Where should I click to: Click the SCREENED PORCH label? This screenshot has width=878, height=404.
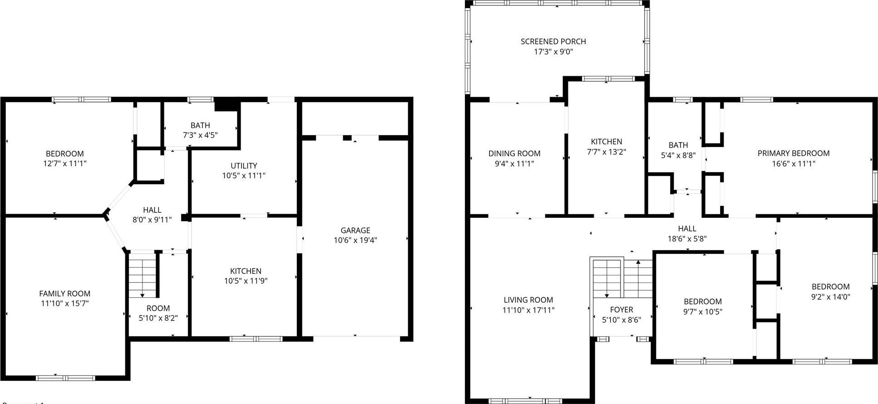553,41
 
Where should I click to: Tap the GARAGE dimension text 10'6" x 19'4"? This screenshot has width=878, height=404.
355,240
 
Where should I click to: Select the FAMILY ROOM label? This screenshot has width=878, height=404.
64,294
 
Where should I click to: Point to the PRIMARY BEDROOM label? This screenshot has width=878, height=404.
793,153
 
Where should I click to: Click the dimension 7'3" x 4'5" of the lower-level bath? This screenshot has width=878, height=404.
200,135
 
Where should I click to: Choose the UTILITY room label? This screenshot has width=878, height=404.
244,166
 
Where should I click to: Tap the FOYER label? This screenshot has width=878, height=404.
621,310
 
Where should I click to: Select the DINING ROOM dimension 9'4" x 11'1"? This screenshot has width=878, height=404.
514,163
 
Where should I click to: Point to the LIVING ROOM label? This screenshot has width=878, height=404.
528,300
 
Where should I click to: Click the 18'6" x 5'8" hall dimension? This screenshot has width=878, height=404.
687,238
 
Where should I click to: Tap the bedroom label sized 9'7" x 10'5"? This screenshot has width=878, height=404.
702,301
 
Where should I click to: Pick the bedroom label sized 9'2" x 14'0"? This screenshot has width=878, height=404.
830,286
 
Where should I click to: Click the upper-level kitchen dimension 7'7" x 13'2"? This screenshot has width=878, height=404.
606,152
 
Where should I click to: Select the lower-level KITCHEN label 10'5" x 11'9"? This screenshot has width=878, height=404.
246,271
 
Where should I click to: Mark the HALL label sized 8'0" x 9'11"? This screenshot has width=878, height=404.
152,210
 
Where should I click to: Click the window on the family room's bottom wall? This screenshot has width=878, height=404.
65,378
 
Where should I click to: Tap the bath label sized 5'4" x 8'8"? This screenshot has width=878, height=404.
678,145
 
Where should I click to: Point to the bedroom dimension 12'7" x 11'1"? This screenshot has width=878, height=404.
64,163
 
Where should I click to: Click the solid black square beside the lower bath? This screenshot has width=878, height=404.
227,104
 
